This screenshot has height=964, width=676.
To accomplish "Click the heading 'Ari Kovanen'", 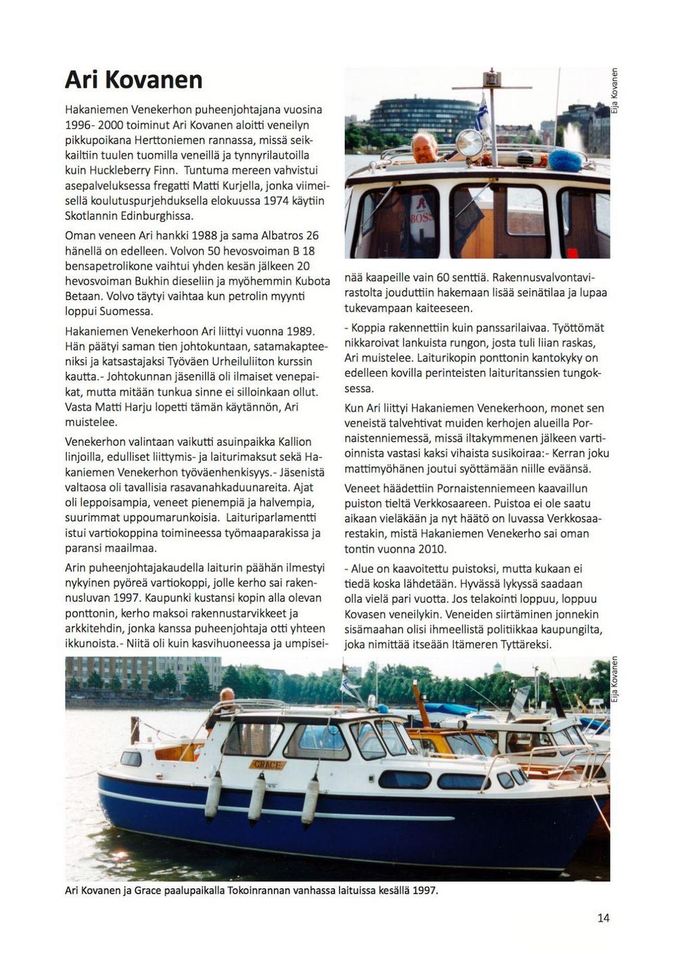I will tap(134, 80).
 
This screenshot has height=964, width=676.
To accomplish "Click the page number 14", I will tap(603, 917).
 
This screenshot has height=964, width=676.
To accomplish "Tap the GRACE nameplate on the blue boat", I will tap(268, 764).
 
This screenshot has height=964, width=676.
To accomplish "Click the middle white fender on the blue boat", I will tap(257, 798).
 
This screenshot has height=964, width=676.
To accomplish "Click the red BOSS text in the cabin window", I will tap(420, 218).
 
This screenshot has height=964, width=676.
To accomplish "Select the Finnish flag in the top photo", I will tap(483, 113).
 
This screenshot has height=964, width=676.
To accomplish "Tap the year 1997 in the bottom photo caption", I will tap(424, 890).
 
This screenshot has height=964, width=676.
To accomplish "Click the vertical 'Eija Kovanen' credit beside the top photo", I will tap(614, 91).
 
